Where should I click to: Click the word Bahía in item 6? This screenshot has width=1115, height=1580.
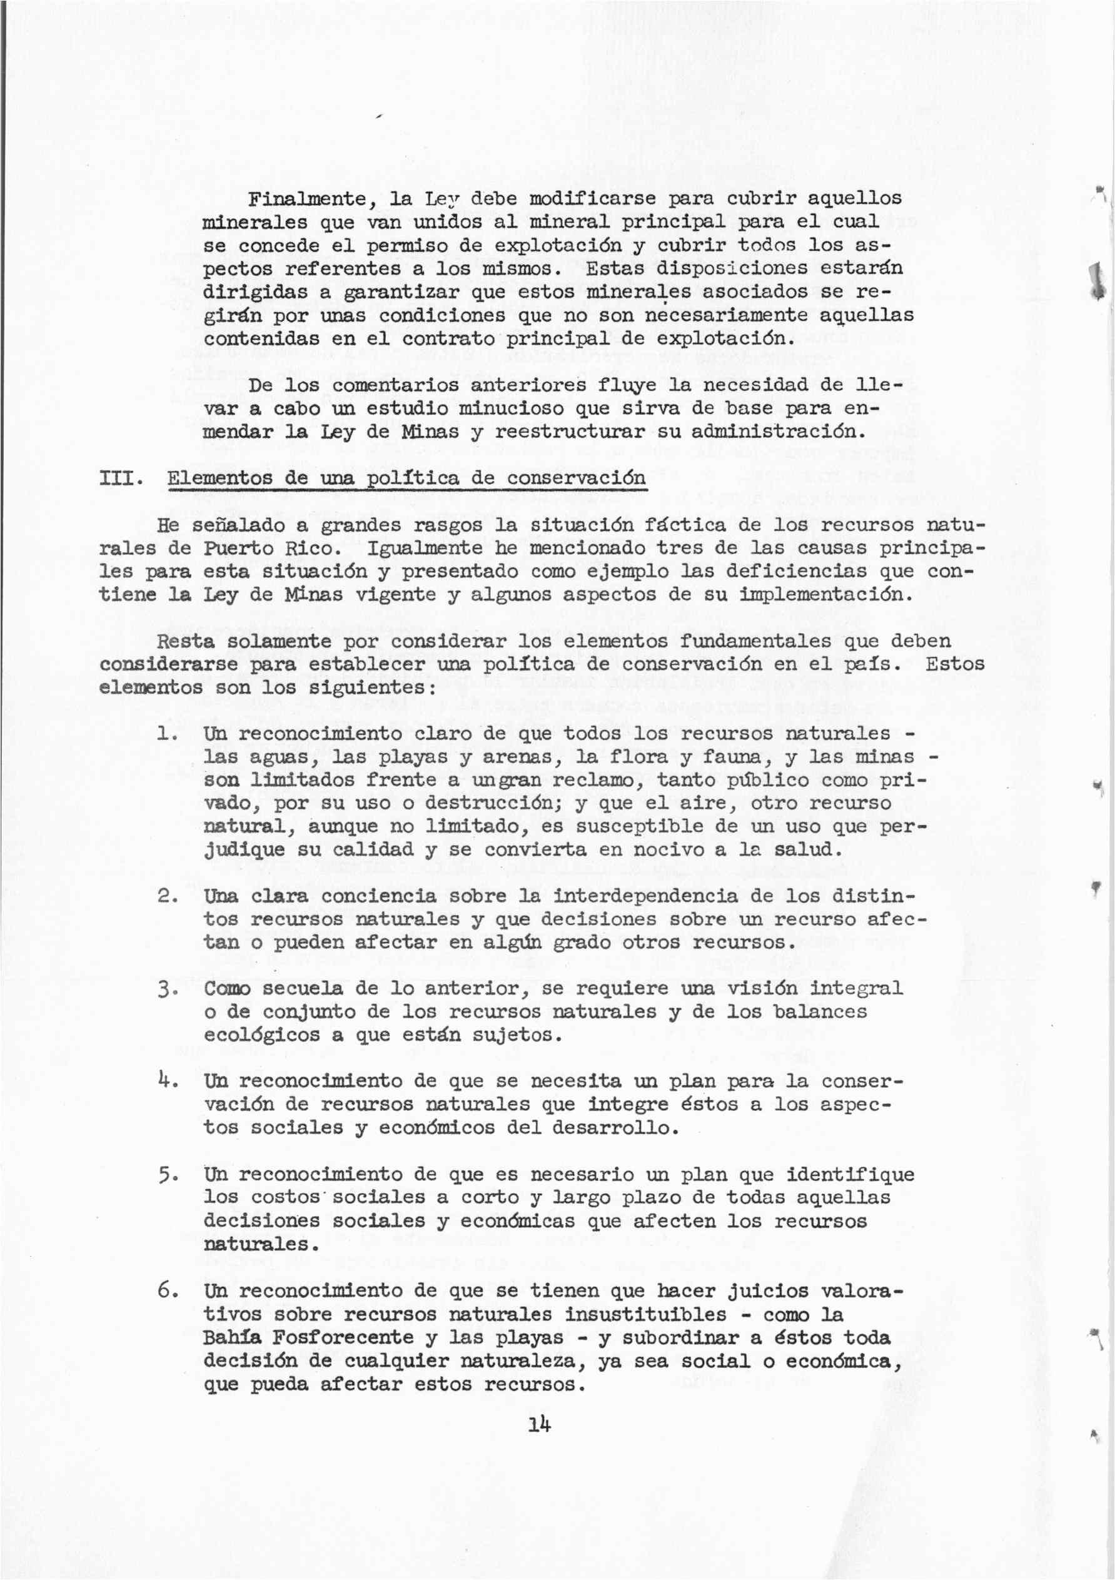click(x=232, y=1337)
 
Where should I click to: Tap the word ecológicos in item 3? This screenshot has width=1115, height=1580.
click(x=261, y=1036)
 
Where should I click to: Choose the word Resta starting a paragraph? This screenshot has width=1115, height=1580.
click(x=186, y=641)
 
